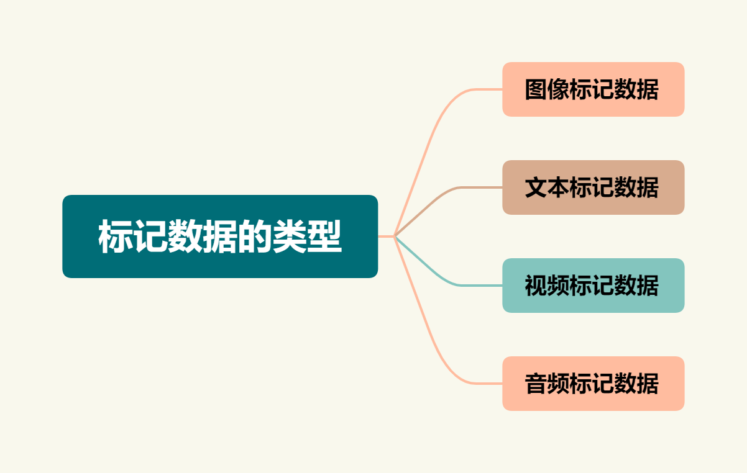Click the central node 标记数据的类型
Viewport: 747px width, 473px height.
tap(220, 236)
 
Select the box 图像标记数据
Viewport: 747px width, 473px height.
tap(593, 89)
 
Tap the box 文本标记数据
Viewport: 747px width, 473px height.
tap(593, 187)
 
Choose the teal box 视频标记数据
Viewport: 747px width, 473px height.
tap(593, 286)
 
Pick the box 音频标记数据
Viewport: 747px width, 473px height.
tap(593, 384)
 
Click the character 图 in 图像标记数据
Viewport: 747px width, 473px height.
tap(536, 89)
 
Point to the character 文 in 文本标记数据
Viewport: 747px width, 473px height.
tap(536, 187)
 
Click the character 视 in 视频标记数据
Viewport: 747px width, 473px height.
tap(536, 286)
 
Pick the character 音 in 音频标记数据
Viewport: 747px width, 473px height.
tap(536, 384)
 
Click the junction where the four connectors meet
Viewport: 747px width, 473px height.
tap(395, 236)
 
